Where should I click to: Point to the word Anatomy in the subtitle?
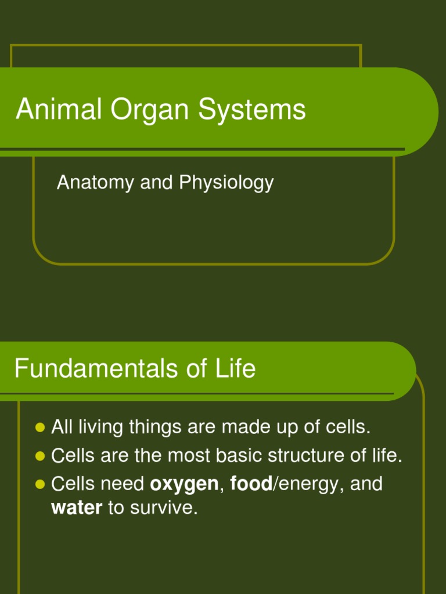coord(95,183)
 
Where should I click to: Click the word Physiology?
coord(226,183)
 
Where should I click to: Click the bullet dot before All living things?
coord(40,428)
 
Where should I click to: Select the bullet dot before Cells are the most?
coord(40,456)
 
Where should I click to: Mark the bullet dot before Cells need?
coord(40,484)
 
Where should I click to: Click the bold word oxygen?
coord(184,484)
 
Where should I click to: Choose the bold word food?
coord(251,484)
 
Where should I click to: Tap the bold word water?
coord(77,508)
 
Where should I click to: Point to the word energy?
coord(307,484)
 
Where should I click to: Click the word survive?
coord(164,508)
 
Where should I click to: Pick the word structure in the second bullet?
coord(310,456)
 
